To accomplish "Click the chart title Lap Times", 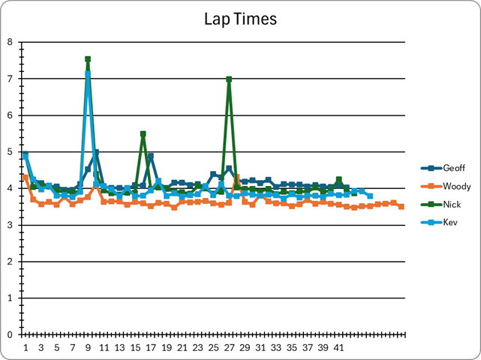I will (x=240, y=19).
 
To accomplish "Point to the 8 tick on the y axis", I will (x=10, y=42).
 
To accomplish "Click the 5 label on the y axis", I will (x=10, y=151).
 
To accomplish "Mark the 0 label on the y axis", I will (x=10, y=334).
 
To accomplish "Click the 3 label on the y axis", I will (x=10, y=225).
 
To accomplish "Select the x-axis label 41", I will (x=338, y=348).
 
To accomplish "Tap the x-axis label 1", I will (x=26, y=348).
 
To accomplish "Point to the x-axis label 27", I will (x=229, y=348).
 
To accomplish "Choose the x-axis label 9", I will (x=88, y=348).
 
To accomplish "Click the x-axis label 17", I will (x=150, y=348).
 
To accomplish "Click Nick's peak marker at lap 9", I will (x=88, y=59).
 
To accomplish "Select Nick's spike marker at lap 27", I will (x=229, y=79).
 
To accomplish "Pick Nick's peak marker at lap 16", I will (x=143, y=133).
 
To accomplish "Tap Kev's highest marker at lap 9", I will (x=88, y=74).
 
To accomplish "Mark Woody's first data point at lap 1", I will (x=26, y=177).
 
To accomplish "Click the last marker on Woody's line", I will (x=401, y=206).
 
